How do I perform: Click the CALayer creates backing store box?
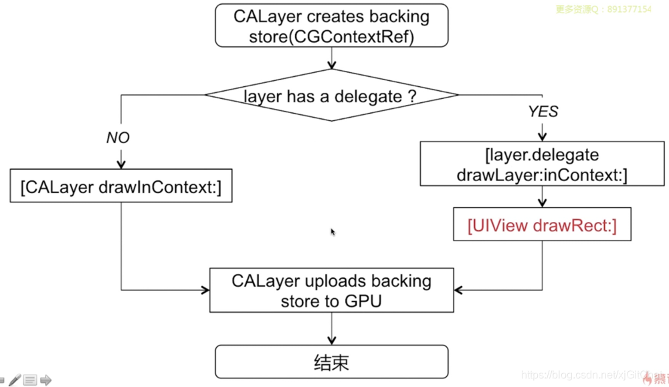331,27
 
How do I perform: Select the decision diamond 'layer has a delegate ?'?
331,96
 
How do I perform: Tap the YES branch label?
543,112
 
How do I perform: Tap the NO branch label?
118,138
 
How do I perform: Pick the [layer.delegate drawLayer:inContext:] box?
542,164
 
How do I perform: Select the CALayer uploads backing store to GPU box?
331,290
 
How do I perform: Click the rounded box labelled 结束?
331,362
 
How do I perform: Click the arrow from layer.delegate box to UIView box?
542,197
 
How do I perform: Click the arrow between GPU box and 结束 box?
331,328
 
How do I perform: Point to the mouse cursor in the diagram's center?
332,231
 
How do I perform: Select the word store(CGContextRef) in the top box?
331,37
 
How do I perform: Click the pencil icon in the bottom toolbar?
14,380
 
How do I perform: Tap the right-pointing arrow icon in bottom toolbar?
45,380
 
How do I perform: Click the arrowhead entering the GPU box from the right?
457,290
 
